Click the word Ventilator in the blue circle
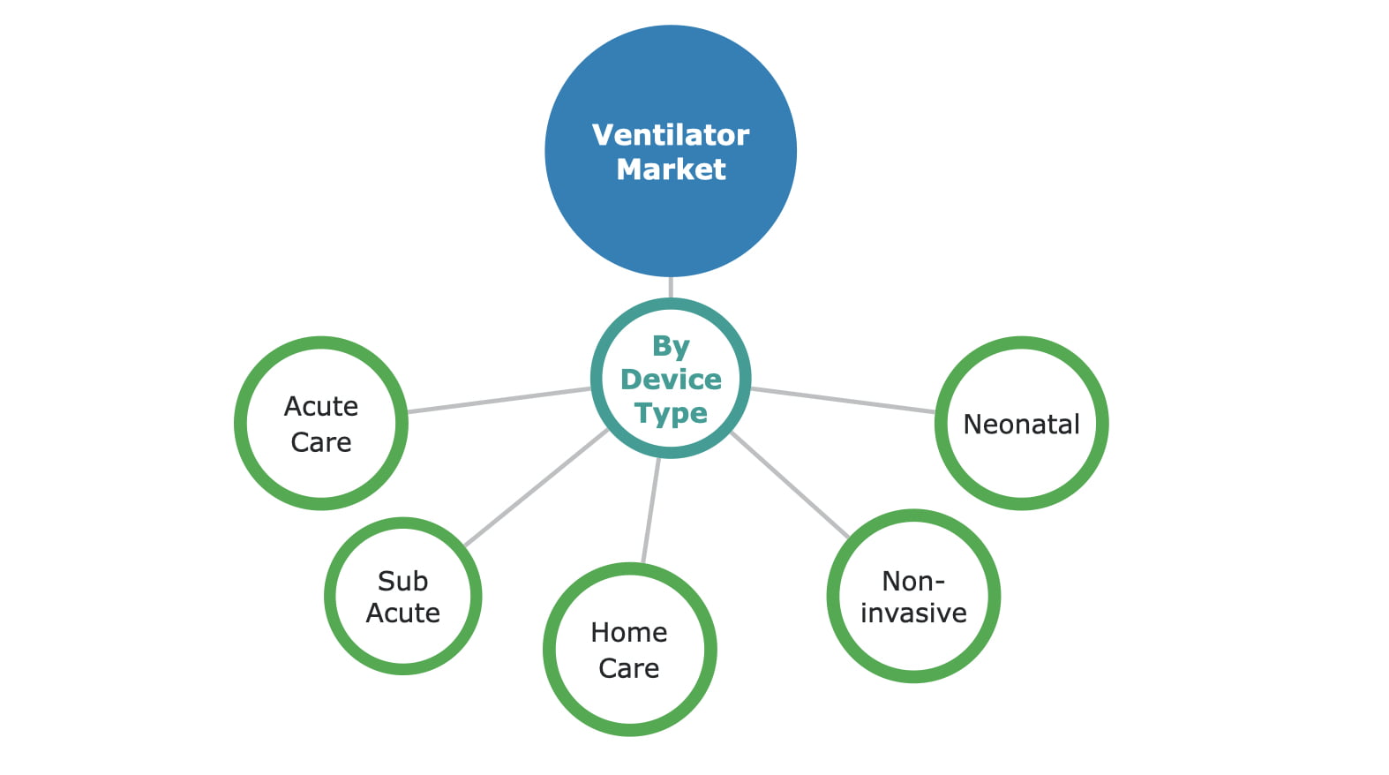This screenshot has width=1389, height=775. click(671, 135)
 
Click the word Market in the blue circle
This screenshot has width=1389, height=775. click(671, 169)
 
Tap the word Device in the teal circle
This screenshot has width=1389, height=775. click(671, 380)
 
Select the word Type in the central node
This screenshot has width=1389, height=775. click(671, 413)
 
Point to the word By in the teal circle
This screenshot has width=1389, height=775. click(671, 346)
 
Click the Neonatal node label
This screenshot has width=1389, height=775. click(1021, 425)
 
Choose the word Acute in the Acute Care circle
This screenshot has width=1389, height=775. click(321, 407)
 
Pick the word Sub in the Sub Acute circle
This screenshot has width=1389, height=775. click(402, 581)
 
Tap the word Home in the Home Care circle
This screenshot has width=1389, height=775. click(629, 632)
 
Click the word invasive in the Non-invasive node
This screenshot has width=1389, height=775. click(913, 613)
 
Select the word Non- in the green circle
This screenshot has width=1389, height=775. click(913, 581)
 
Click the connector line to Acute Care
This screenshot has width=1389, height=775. click(499, 400)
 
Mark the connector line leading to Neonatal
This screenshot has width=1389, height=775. click(843, 400)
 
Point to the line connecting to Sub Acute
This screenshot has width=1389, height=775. click(536, 487)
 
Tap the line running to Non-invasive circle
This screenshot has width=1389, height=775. click(790, 485)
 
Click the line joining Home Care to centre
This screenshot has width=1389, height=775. click(651, 510)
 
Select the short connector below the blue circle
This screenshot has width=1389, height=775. click(671, 288)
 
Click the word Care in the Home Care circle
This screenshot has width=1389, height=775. click(629, 668)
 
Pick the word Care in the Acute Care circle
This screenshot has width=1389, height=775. click(321, 442)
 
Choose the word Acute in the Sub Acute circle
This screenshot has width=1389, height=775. click(402, 613)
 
